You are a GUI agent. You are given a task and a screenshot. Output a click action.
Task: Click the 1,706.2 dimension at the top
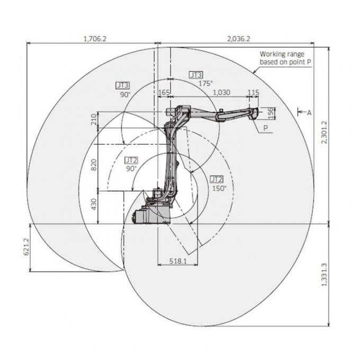point(94,39)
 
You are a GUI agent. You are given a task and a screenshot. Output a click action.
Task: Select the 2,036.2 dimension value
point(238,39)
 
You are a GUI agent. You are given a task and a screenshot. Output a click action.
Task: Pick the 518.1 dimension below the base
point(178,260)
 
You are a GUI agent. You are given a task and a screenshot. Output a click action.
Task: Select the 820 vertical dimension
point(95,165)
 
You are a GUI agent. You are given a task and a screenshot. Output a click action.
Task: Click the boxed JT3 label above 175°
point(196,75)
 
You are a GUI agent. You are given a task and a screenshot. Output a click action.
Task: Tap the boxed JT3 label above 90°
point(123,85)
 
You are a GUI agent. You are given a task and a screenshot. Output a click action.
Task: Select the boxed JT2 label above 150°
point(217,179)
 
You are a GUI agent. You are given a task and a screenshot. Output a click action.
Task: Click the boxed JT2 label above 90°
point(131,159)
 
